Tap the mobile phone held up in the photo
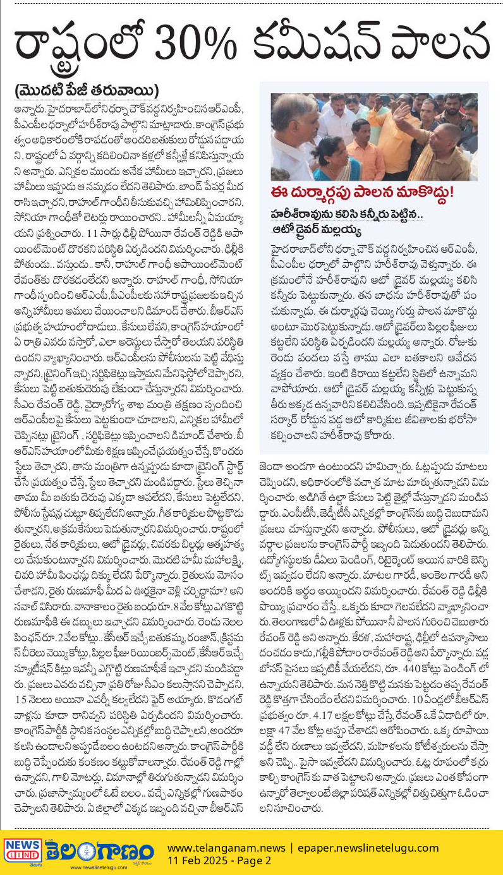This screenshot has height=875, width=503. pos(385,100)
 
